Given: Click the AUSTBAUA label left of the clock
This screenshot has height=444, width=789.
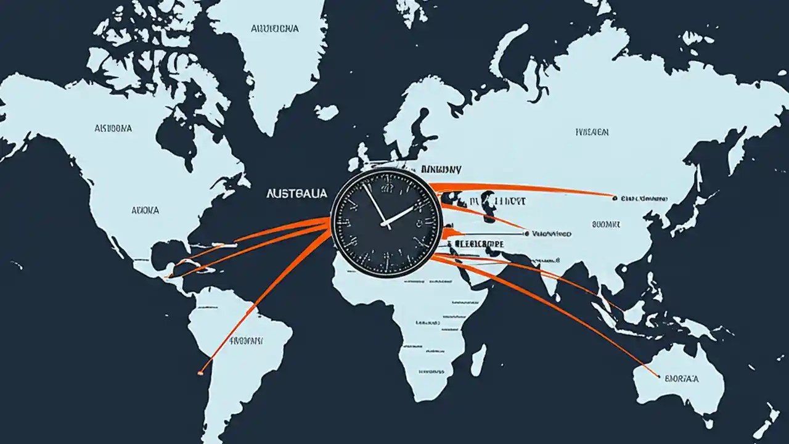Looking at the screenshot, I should (x=297, y=194).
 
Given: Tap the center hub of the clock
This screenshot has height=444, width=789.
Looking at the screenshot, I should (x=386, y=224).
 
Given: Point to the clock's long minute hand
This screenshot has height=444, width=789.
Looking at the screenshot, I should (x=374, y=203).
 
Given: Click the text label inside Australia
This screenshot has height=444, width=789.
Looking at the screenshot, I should (x=681, y=377).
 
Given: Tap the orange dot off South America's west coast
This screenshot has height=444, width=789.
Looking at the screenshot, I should (x=200, y=372).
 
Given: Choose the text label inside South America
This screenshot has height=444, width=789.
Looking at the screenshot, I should (x=247, y=340).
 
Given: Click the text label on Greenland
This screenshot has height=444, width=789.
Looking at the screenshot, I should (x=275, y=28).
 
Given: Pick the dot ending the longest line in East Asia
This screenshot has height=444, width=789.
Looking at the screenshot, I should (x=615, y=198).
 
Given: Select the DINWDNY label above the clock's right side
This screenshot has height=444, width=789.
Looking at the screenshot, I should (x=441, y=169).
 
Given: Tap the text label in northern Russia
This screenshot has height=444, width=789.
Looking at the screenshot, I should (x=592, y=132).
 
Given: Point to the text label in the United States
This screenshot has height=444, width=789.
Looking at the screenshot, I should (x=145, y=210).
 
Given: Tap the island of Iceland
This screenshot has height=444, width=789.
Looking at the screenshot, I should (x=326, y=112).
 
